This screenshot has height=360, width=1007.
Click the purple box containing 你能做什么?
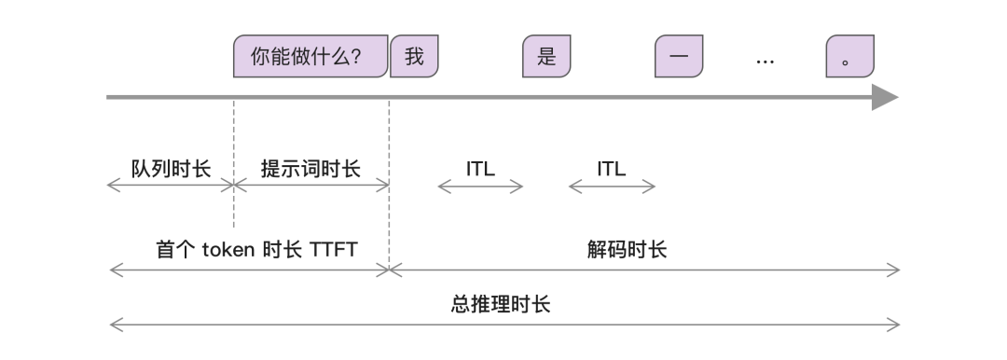[310, 57]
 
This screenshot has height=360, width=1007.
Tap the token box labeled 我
[414, 57]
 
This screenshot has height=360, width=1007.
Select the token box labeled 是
[546, 57]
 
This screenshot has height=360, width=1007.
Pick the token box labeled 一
[679, 57]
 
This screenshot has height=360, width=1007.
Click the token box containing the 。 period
[849, 57]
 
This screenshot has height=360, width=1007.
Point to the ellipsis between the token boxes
[765, 61]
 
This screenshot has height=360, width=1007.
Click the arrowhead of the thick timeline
[885, 97]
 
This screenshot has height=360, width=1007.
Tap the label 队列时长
[171, 169]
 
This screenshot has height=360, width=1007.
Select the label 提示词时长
[310, 169]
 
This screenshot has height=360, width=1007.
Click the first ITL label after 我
[480, 169]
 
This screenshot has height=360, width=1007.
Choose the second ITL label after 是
[612, 169]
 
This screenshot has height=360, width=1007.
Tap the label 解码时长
[627, 250]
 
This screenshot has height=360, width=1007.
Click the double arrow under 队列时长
[171, 186]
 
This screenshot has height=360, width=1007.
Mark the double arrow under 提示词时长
[311, 186]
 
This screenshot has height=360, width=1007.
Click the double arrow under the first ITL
[480, 187]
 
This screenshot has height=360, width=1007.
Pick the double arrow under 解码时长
[644, 270]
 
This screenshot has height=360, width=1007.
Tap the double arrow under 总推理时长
[504, 325]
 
